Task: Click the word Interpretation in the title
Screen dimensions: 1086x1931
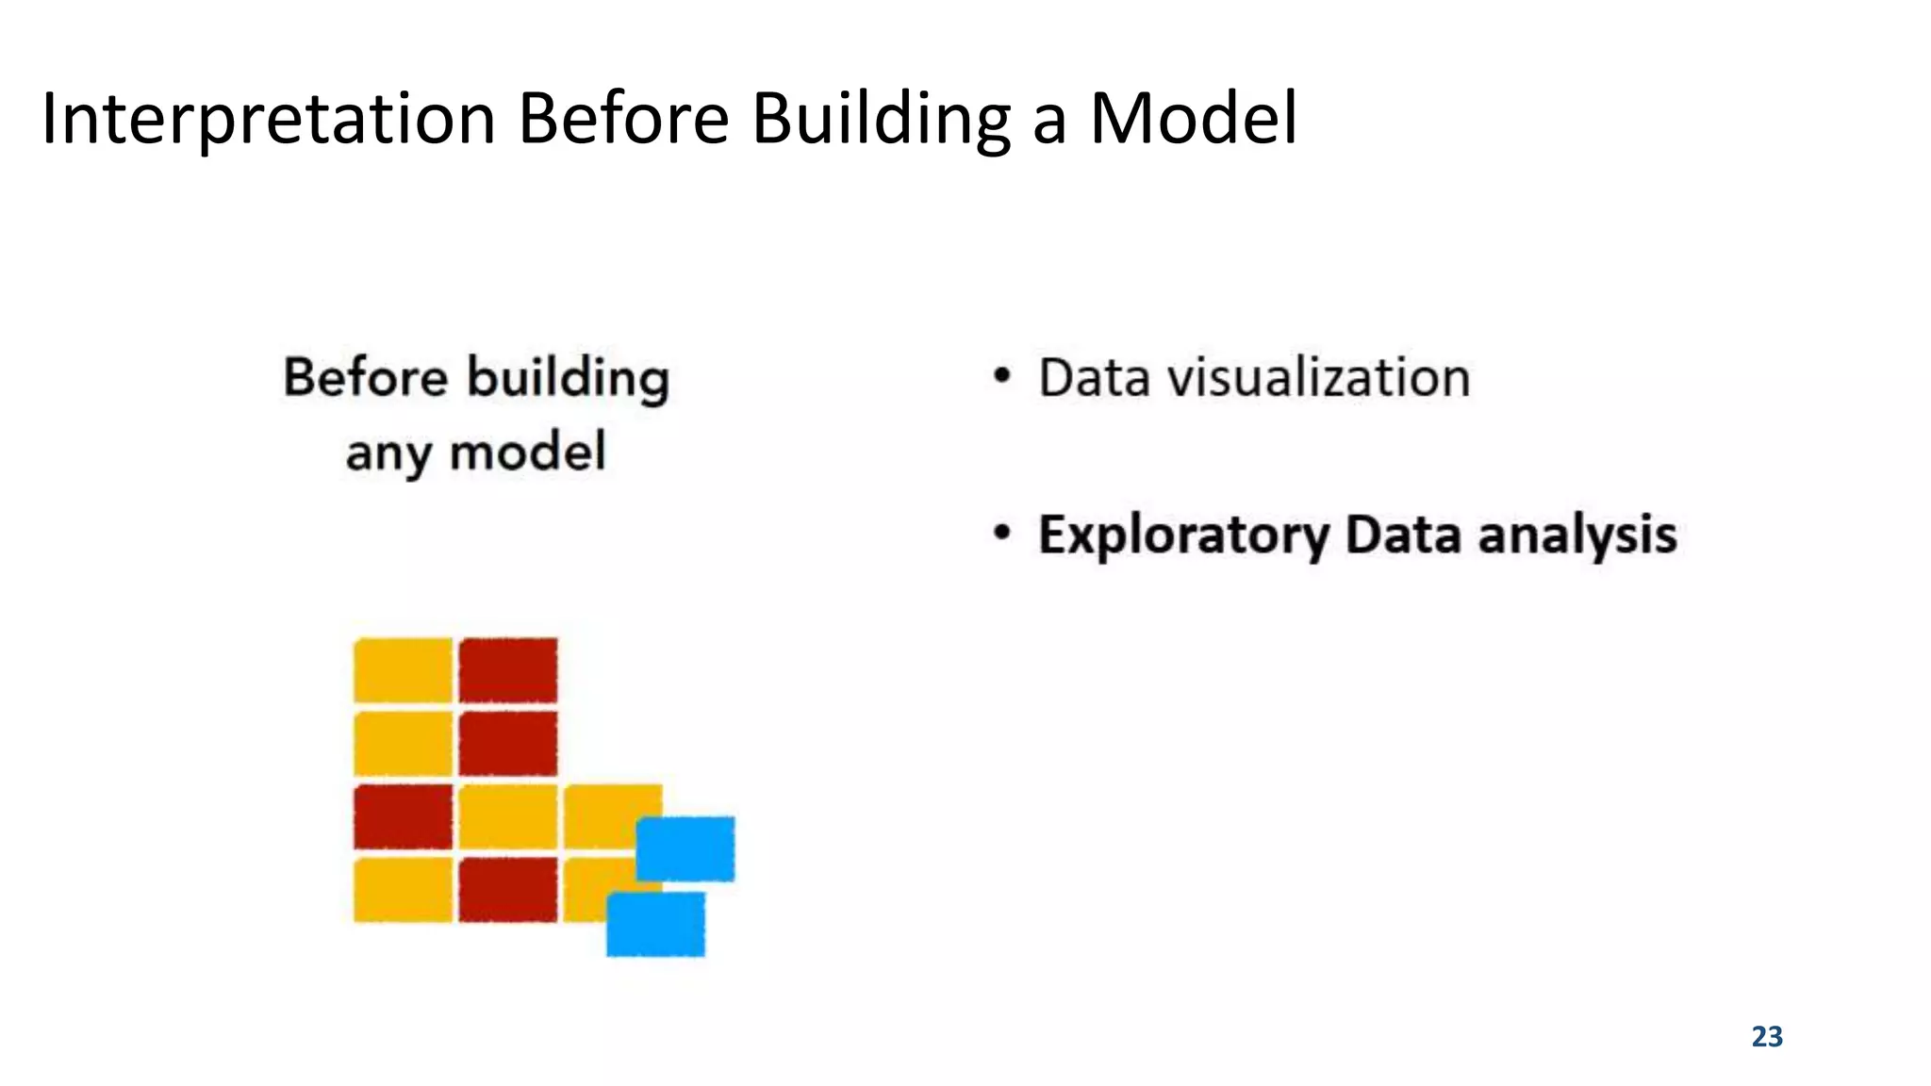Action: click(269, 120)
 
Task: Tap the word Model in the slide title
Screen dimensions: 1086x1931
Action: click(1194, 120)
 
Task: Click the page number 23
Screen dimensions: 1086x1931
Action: click(1767, 1036)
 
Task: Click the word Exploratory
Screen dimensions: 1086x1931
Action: click(1183, 535)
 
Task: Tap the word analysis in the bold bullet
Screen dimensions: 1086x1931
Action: click(1576, 535)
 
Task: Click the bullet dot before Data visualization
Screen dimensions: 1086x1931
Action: click(1001, 377)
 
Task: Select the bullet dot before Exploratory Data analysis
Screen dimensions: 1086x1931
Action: click(1001, 534)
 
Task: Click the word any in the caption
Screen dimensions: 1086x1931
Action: click(388, 453)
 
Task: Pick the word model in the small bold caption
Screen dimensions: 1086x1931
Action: click(527, 452)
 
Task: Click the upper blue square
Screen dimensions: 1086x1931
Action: click(685, 848)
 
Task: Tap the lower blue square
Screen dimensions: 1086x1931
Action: click(655, 924)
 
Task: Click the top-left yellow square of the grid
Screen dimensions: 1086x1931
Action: click(404, 670)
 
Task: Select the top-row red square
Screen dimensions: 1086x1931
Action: click(508, 670)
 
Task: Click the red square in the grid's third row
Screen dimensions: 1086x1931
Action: click(404, 816)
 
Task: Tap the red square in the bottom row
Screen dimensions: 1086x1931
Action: click(508, 889)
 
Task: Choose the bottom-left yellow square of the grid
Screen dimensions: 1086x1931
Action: click(404, 889)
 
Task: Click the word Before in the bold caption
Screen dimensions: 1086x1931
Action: click(366, 378)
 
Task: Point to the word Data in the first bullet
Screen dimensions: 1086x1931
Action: click(1095, 378)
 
